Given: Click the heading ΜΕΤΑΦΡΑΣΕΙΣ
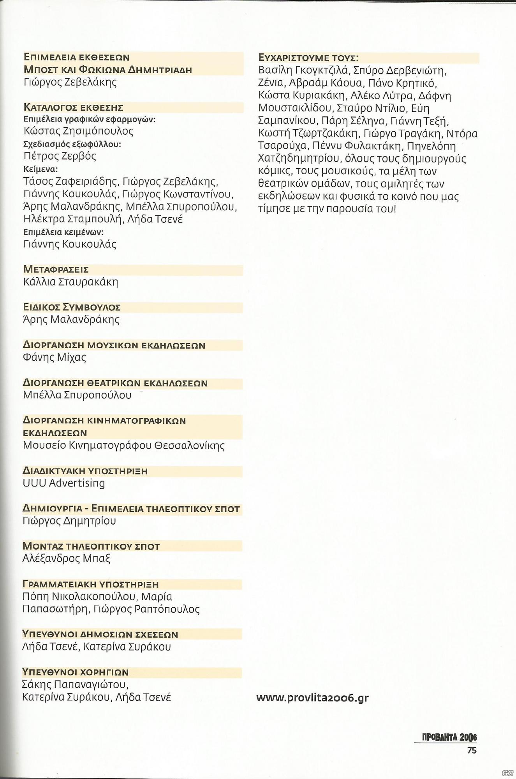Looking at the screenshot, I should point(56,270).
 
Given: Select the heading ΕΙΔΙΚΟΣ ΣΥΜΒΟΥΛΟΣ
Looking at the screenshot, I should point(72,307).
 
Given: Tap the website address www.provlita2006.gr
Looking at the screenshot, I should point(312,698).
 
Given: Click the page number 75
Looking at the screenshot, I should point(472,750).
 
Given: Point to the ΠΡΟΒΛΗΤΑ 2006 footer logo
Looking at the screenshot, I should point(449,737).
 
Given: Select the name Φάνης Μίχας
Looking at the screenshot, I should point(55,357).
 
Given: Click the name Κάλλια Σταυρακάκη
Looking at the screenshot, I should point(70,282).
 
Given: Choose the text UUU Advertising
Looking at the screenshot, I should point(64,483).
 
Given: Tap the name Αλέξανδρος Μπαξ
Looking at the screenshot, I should point(67,559).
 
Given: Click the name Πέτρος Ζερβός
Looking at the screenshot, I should point(60,156).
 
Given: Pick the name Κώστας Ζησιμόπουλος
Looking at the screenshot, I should point(78,131).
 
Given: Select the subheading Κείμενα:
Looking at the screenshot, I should point(41,169).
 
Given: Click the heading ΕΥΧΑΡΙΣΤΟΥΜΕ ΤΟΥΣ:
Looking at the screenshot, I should point(308,58).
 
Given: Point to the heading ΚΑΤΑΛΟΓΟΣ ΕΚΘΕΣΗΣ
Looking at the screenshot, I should point(73,108).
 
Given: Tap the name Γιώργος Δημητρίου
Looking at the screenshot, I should point(69,521).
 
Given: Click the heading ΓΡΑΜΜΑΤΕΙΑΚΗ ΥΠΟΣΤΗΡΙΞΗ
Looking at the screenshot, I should point(91,584).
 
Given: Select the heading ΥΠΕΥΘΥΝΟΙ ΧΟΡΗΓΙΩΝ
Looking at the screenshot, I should point(76,672).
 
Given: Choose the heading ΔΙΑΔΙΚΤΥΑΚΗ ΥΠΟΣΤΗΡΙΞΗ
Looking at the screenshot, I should point(85,471).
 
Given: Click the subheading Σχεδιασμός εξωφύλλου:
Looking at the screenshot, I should point(72,145).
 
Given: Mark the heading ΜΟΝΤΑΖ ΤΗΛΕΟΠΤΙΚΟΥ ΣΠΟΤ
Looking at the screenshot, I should point(91,546).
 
